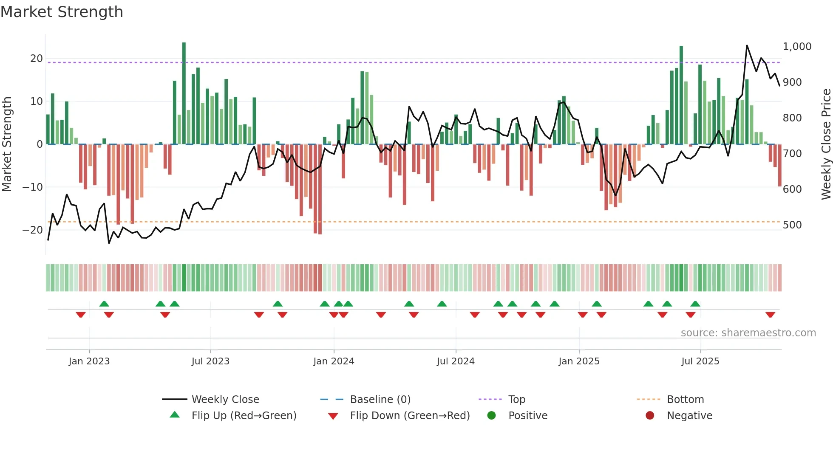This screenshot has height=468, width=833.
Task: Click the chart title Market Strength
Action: (x=62, y=12)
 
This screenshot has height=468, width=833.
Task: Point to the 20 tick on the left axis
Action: (x=36, y=59)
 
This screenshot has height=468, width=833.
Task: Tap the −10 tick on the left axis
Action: (x=33, y=187)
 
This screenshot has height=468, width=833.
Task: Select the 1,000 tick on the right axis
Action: (x=797, y=47)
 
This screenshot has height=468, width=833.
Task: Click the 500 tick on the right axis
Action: (x=792, y=225)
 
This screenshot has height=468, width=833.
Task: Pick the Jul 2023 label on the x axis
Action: (x=210, y=361)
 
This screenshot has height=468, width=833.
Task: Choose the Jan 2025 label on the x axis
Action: (x=579, y=361)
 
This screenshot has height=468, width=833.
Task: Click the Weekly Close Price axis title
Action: (x=826, y=144)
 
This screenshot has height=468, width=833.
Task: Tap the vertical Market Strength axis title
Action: (x=7, y=144)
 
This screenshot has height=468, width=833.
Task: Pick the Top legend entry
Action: (x=517, y=400)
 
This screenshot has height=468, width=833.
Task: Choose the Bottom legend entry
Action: (x=685, y=400)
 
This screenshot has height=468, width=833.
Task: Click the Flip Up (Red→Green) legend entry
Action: (x=244, y=416)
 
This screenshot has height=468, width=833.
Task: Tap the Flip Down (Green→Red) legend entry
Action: (x=410, y=416)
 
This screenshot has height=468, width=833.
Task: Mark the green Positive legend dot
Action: (x=492, y=416)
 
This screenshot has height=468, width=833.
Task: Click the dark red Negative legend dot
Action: (x=650, y=416)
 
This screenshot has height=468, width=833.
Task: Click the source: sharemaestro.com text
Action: (x=748, y=333)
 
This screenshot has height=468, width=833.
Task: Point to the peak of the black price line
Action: (x=747, y=45)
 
